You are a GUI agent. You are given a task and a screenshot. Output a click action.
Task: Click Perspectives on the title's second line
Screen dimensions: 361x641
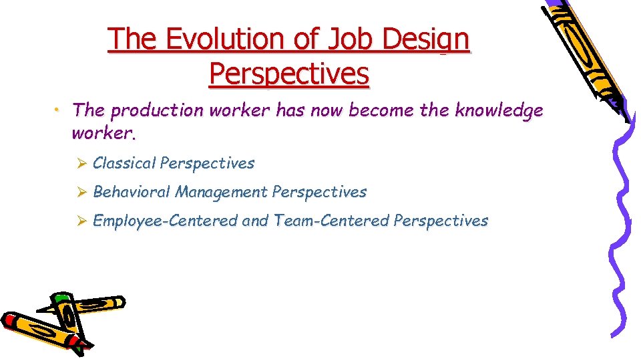(x=288, y=74)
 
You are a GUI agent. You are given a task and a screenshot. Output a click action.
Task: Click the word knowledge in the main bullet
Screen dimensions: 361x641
(x=499, y=110)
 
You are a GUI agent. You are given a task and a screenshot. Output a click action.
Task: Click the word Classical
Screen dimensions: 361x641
(x=124, y=163)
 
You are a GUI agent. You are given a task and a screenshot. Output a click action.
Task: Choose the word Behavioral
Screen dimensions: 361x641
(x=132, y=193)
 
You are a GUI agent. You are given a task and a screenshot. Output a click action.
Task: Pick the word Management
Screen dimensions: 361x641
(x=221, y=193)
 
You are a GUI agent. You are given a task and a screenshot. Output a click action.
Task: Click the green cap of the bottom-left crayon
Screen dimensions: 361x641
(x=61, y=298)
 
